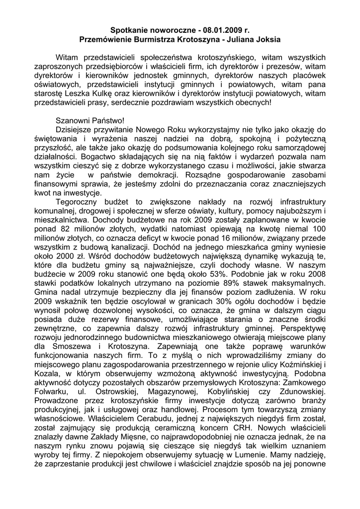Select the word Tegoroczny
(x=80, y=201)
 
